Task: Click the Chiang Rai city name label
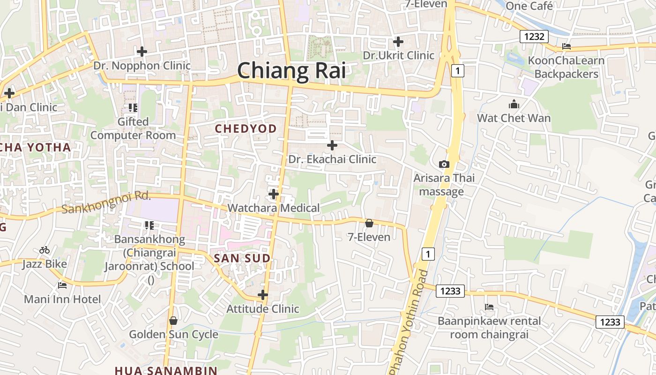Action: [x=291, y=71]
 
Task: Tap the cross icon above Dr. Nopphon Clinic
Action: [x=142, y=52]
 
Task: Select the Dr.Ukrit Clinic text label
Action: [x=399, y=55]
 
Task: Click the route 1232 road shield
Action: [x=534, y=37]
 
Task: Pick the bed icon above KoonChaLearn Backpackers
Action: [x=566, y=46]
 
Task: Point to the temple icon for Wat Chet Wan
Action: [x=514, y=104]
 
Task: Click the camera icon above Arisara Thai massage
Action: [x=444, y=164]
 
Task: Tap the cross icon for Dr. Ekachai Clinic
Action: [x=332, y=145]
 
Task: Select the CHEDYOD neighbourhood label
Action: [x=246, y=128]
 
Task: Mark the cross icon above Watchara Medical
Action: [x=274, y=194]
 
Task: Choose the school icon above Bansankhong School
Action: [x=149, y=225]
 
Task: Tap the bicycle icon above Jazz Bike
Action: [x=45, y=250]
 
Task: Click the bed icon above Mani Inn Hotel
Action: [x=62, y=285]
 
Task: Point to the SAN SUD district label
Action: [x=242, y=258]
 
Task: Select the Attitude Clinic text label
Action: [x=262, y=309]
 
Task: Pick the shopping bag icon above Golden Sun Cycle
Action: [x=173, y=321]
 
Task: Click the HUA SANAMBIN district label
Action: [x=166, y=370]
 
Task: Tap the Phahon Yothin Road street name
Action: [x=408, y=323]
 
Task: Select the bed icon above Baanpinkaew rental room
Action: [x=489, y=307]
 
